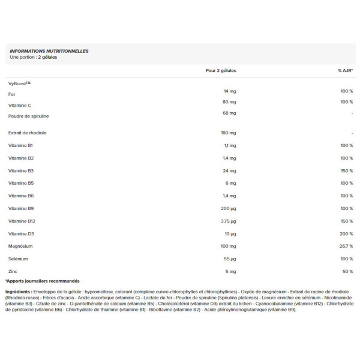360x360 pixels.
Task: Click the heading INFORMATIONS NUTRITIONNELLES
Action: pos(49,51)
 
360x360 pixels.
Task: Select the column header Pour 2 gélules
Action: pos(221,70)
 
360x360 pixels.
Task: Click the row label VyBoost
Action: pos(19,83)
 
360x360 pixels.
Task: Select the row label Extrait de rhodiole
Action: pos(27,133)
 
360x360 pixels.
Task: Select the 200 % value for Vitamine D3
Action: pos(347,233)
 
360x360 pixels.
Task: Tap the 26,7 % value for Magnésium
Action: pos(346,246)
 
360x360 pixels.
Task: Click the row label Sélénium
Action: pos(19,259)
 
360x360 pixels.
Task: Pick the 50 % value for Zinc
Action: pos(348,271)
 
